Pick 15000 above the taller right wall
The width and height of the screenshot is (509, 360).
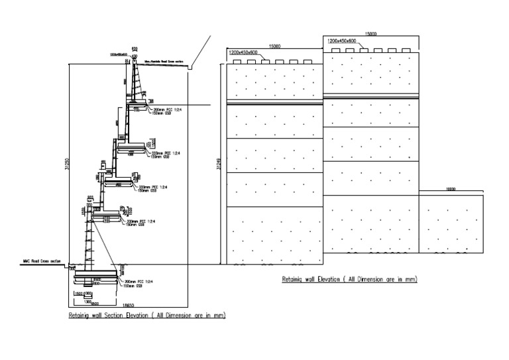[370, 33]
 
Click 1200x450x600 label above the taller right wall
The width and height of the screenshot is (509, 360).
[343, 41]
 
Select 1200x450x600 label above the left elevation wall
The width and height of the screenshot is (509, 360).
[244, 52]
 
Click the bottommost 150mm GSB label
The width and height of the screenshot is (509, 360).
[133, 286]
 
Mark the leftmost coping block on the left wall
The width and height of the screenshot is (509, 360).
[237, 62]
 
